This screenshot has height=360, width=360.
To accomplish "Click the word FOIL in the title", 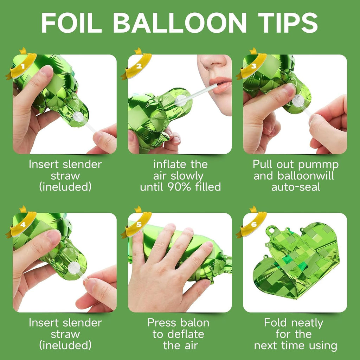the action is [72, 22].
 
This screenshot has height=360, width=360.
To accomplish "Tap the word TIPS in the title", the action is [288, 22].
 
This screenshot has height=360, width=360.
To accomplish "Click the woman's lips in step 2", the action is [221, 85].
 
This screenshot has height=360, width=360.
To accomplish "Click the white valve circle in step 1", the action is [78, 116].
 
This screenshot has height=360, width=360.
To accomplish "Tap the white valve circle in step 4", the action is [74, 268].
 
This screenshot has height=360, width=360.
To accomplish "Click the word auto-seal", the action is [296, 187].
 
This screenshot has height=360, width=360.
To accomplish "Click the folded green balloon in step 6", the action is [296, 260].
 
